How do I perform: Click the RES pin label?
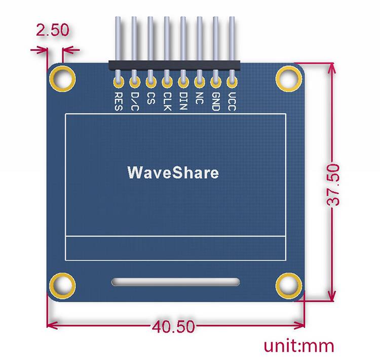coord(118,100)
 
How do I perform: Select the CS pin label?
coord(150,97)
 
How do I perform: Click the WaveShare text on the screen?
coord(173,173)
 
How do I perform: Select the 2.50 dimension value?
coord(53,30)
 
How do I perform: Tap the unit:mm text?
coord(299,346)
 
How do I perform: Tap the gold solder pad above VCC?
coord(232,79)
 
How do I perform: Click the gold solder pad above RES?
coord(118,79)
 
